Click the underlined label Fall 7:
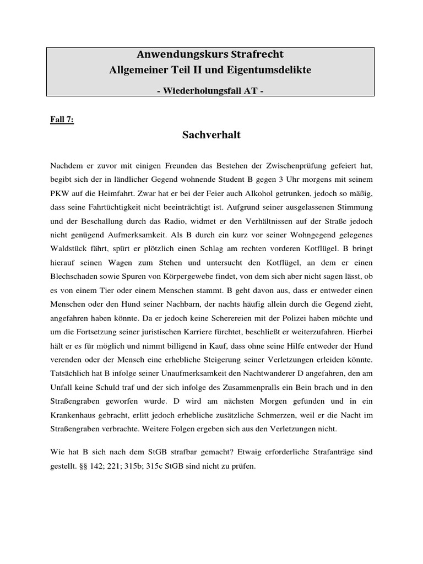coord(62,121)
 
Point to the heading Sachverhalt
coord(211,135)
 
